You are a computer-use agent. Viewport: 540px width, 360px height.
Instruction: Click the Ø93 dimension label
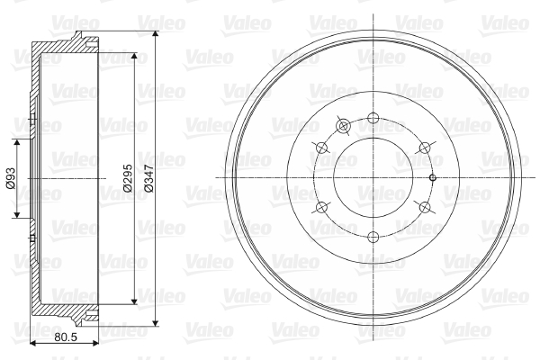[11, 178]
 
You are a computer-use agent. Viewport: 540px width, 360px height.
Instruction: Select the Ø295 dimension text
[128, 178]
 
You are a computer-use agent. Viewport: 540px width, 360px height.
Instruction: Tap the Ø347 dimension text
[148, 178]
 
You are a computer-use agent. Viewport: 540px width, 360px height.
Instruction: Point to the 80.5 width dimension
[66, 337]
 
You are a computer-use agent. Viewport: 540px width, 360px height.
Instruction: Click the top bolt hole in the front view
[373, 118]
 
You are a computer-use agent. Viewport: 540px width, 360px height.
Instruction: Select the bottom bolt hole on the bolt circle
[373, 237]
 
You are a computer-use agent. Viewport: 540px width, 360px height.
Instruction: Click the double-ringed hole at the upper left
[343, 126]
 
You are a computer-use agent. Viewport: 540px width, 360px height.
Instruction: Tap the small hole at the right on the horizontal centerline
[433, 178]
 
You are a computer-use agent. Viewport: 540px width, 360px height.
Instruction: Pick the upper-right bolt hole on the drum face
[425, 148]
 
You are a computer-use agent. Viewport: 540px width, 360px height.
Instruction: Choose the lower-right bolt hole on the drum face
[425, 207]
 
